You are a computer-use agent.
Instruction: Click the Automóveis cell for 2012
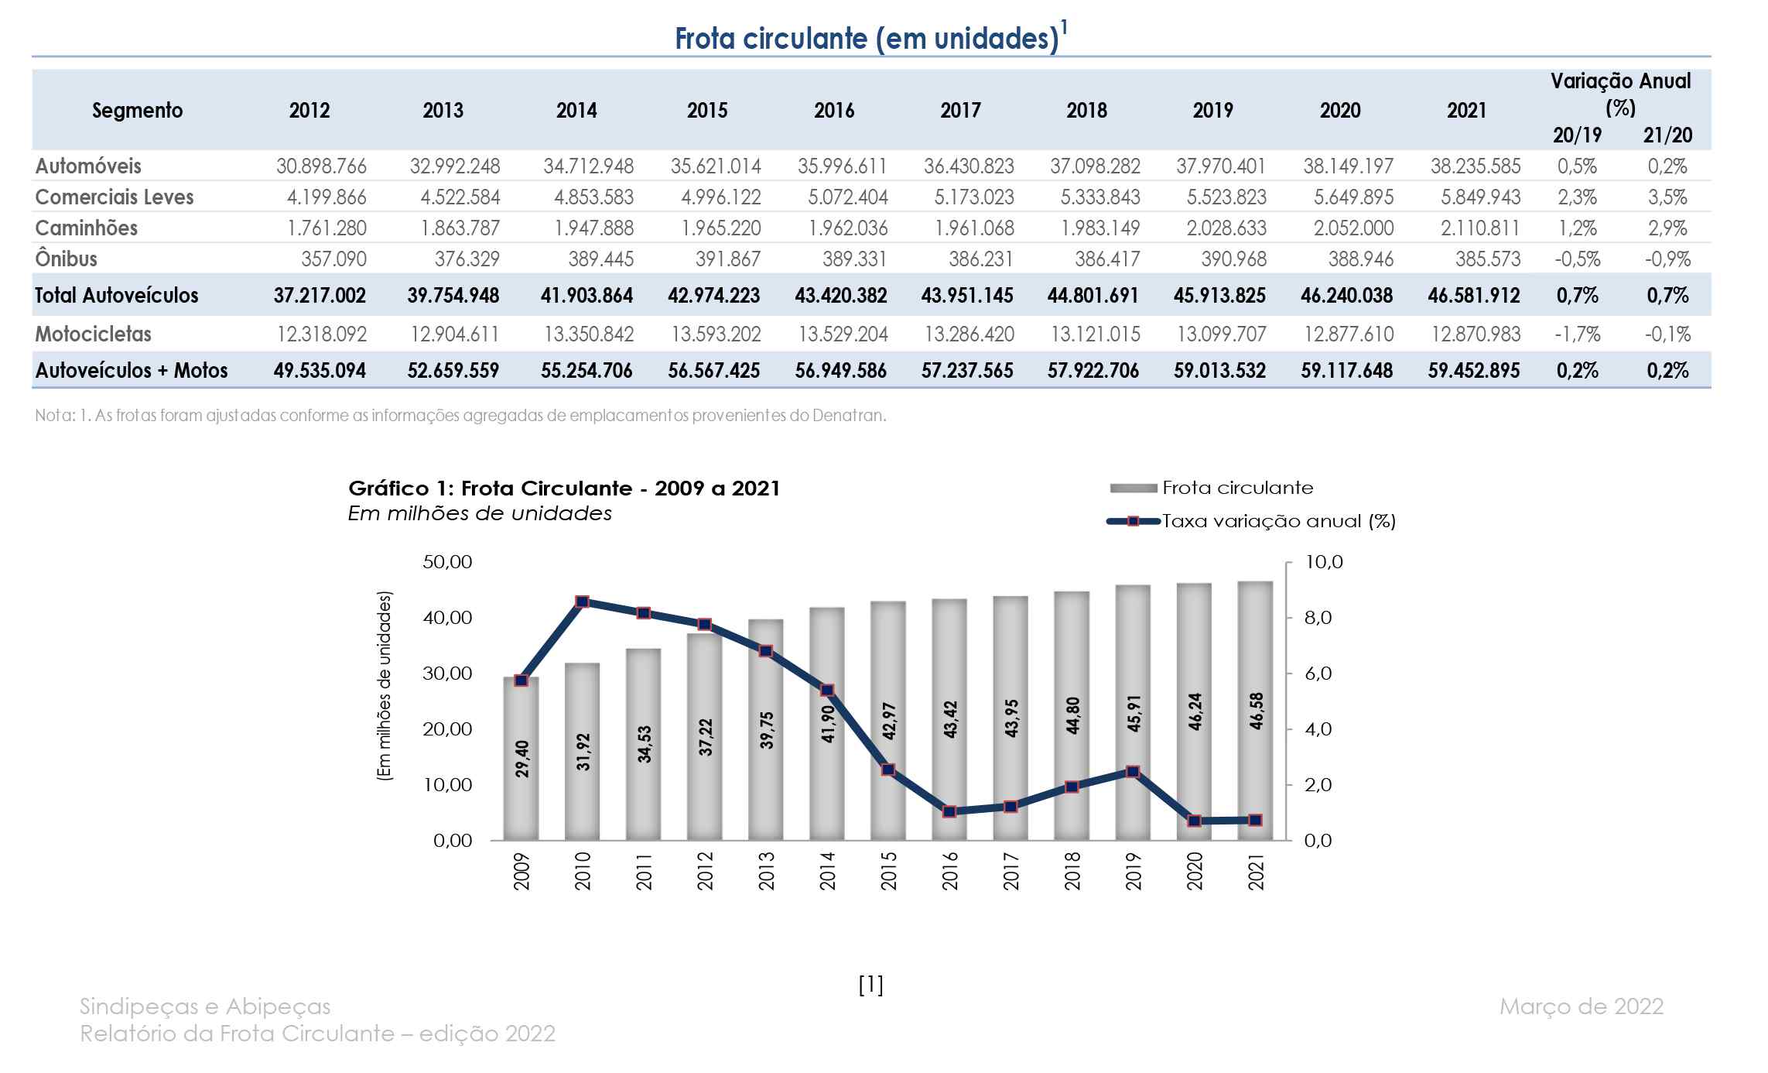click(x=321, y=166)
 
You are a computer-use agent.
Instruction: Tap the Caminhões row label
click(x=87, y=228)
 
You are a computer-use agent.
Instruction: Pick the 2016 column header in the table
click(x=833, y=111)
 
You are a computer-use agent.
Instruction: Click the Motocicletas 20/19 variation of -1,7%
click(x=1578, y=334)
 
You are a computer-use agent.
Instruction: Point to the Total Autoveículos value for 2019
click(x=1219, y=296)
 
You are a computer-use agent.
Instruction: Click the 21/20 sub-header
click(x=1667, y=135)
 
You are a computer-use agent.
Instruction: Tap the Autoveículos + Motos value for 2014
click(x=586, y=371)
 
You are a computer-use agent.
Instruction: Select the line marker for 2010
click(x=583, y=602)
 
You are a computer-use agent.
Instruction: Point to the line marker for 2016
click(x=949, y=812)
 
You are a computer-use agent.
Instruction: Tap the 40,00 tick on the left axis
click(x=447, y=618)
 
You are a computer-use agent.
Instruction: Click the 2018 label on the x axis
click(x=1072, y=872)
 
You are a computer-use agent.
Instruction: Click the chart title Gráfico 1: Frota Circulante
click(x=564, y=489)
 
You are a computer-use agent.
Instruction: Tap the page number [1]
click(x=871, y=985)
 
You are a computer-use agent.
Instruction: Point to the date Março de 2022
click(x=1581, y=1006)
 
